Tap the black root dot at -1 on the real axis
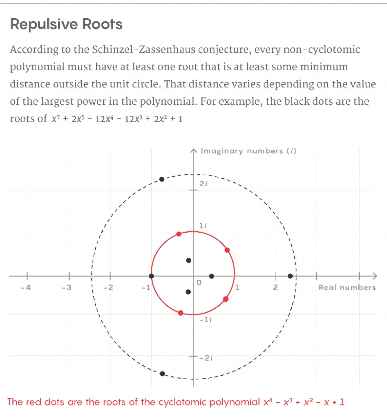tap(151, 276)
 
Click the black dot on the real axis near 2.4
tap(290, 276)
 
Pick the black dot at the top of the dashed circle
tap(162, 179)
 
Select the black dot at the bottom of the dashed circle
tap(162, 374)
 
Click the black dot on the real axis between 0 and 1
tap(211, 276)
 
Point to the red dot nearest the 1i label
tap(179, 234)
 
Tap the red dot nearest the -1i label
tap(180, 313)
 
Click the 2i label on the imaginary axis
tap(204, 184)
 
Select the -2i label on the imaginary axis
tap(206, 358)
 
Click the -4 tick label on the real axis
tap(26, 288)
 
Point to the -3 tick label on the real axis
tap(67, 288)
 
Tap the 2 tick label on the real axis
tap(275, 288)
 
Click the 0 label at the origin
tap(199, 283)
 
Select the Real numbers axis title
tap(347, 288)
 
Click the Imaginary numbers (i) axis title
tap(248, 151)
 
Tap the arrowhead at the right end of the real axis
tap(374, 276)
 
